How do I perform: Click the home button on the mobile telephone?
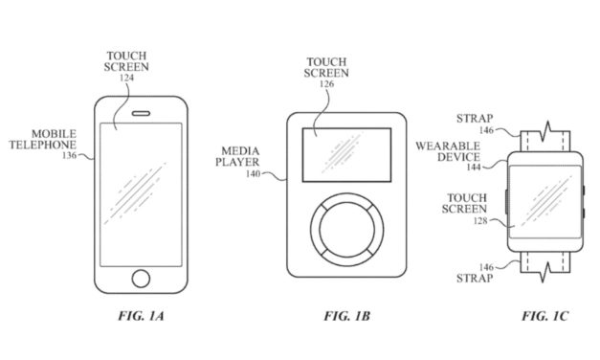142,278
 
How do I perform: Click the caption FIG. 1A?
141,315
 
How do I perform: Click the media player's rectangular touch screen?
345,154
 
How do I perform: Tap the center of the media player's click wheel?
344,230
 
